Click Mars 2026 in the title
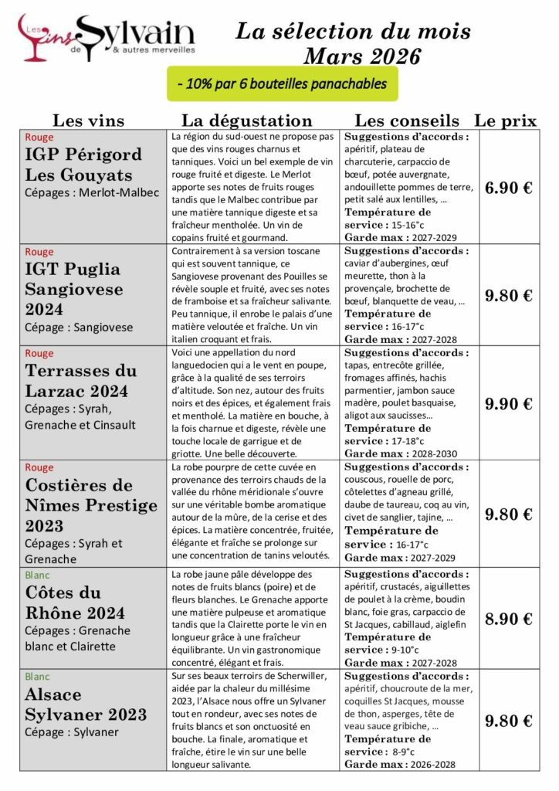click(362, 56)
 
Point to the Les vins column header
click(88, 121)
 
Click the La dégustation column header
click(246, 121)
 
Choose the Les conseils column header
click(406, 121)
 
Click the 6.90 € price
click(508, 188)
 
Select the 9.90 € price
click(508, 404)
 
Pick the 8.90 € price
click(508, 619)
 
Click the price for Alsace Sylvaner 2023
click(508, 721)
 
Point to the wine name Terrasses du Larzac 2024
click(81, 382)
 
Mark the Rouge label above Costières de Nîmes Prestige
click(39, 467)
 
